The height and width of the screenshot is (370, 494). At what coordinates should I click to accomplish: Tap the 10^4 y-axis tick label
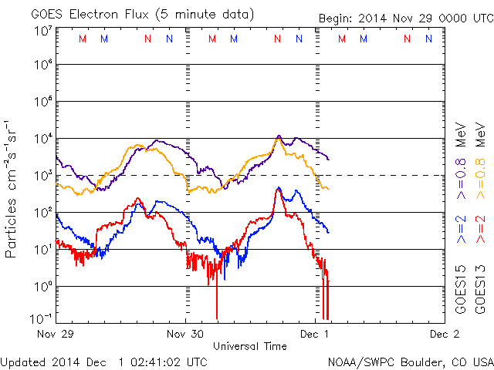click(x=42, y=139)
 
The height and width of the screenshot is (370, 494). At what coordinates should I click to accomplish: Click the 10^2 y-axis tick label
click(x=42, y=213)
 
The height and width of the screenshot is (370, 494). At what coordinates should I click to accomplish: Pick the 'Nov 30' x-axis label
click(x=185, y=335)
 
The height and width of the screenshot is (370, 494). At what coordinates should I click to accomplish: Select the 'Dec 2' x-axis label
click(x=444, y=335)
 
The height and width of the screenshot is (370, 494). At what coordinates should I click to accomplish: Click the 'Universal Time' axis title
click(x=250, y=346)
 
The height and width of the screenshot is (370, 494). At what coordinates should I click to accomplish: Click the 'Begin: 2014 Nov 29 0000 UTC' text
click(x=404, y=17)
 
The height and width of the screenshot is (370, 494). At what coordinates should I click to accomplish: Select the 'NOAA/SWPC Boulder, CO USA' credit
click(x=410, y=361)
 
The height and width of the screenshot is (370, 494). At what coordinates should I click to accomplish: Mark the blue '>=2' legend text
click(x=460, y=230)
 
